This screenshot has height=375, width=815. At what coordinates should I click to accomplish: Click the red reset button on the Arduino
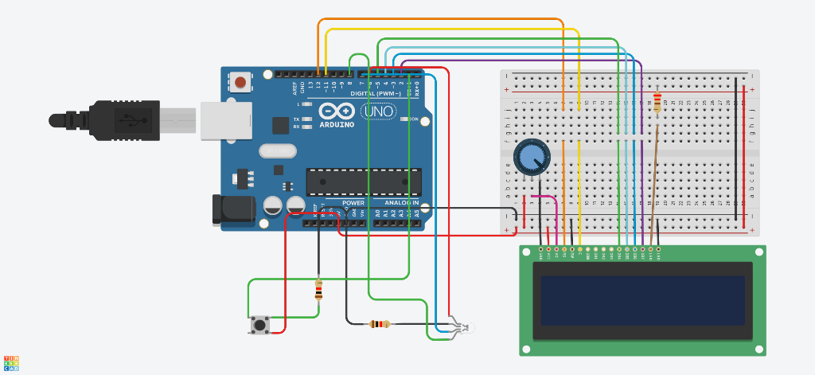coord(240,81)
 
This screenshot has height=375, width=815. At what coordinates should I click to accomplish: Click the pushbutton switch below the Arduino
coord(259,325)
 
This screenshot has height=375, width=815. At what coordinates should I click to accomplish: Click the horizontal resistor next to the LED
coord(380,323)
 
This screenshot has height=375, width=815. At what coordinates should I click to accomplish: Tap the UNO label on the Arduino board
coord(377,112)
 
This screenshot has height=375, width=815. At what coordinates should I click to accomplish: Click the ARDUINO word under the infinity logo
coord(337,125)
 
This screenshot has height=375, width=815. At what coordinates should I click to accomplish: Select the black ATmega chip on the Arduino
coord(363,182)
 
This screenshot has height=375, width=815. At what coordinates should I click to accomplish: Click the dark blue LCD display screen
coord(643,300)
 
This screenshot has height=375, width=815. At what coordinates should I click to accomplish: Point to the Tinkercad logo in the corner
coord(11,363)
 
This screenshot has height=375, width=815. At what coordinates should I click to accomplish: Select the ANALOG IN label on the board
coord(396,203)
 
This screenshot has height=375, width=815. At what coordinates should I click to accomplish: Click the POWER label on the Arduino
coord(353,203)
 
